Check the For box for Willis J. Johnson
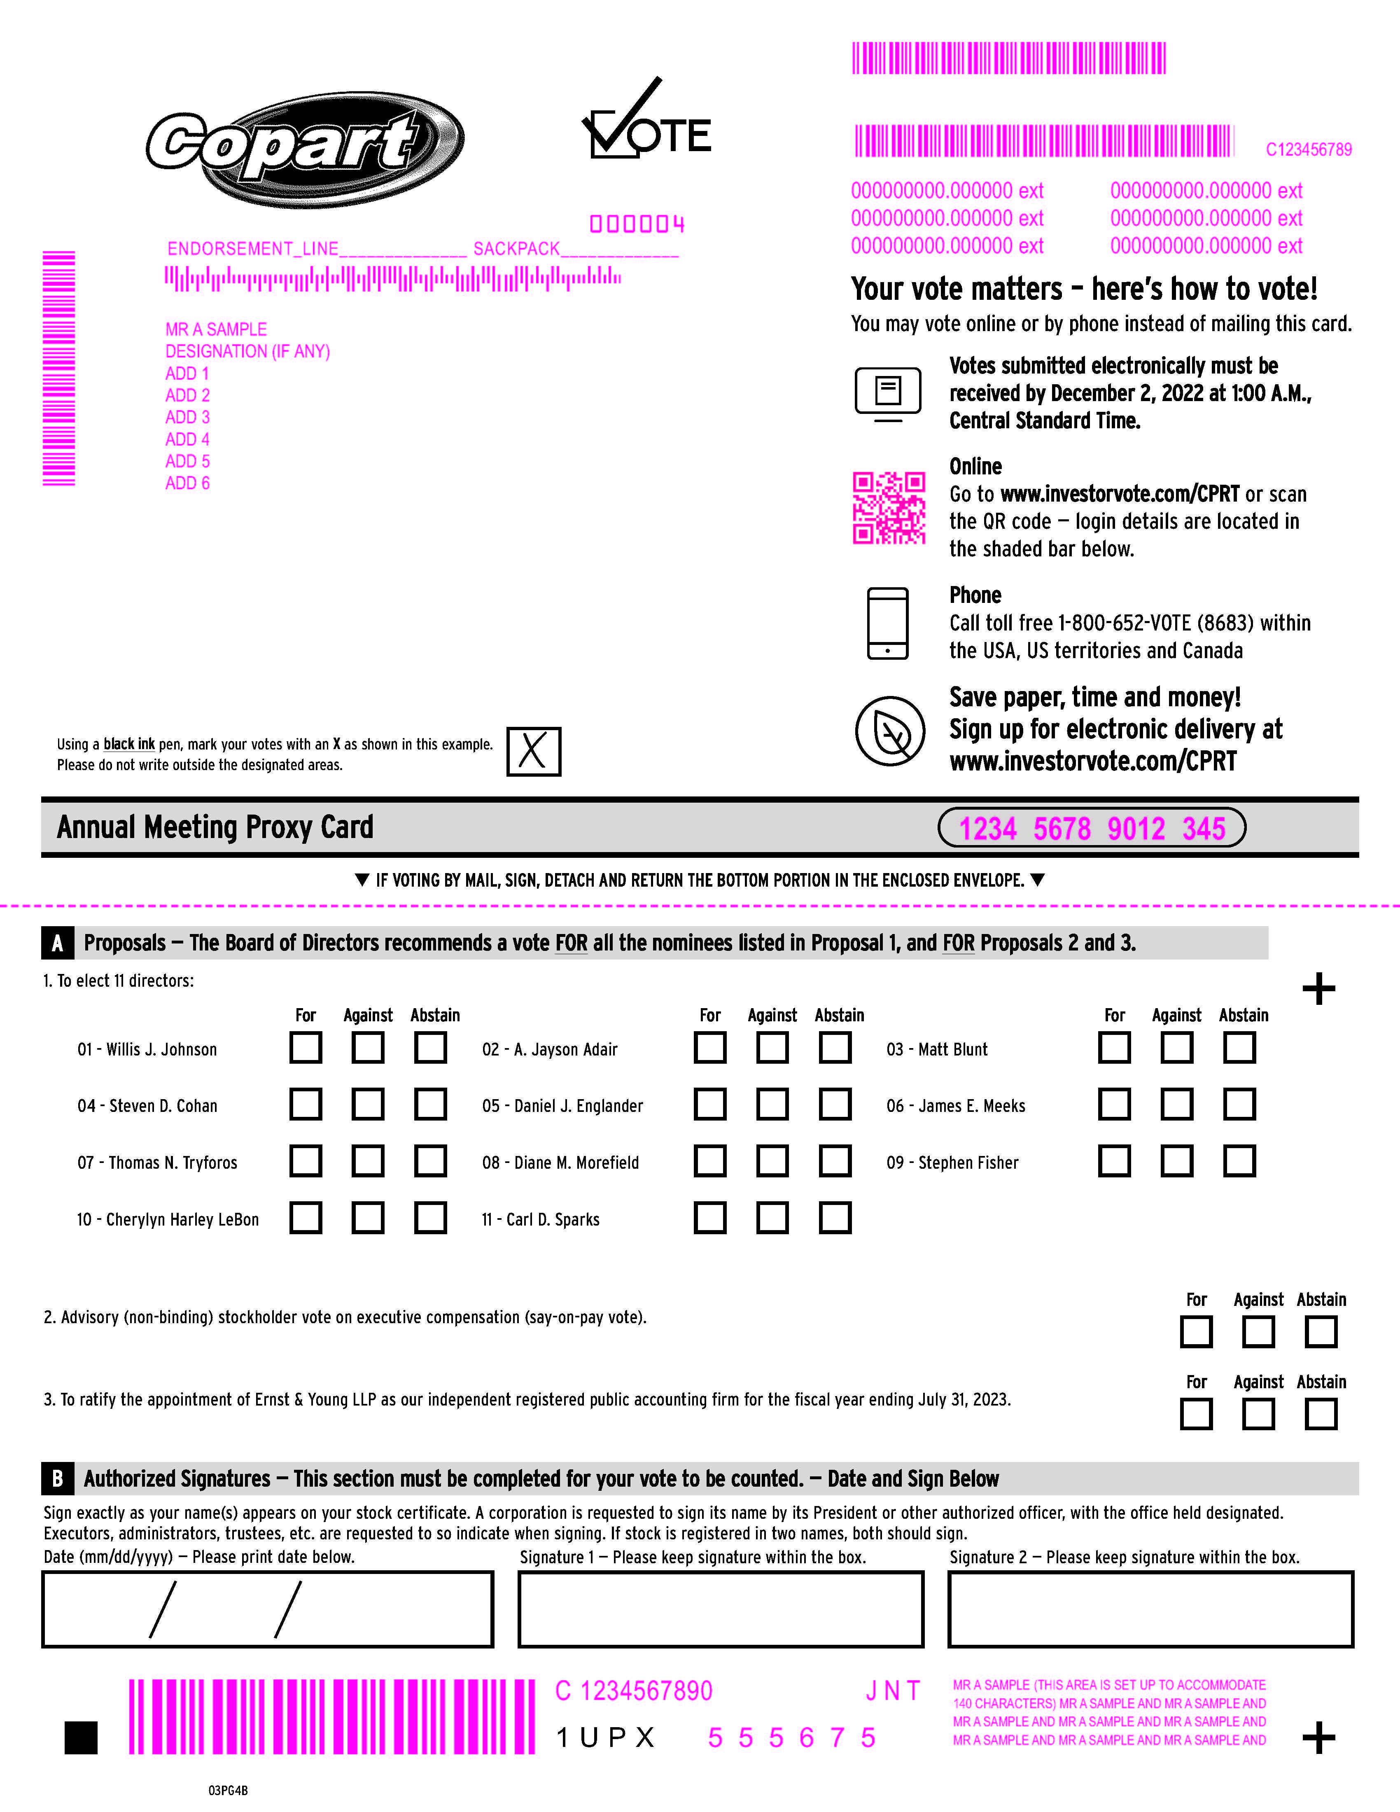(305, 1047)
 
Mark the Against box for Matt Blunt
(1176, 1047)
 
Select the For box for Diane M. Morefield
(710, 1161)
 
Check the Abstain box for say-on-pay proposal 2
(1321, 1332)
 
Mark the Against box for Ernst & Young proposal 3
(1258, 1414)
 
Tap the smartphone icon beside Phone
(887, 623)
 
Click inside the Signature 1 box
(720, 1609)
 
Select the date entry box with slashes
(267, 1609)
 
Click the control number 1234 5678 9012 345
(1092, 828)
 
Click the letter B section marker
(57, 1478)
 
